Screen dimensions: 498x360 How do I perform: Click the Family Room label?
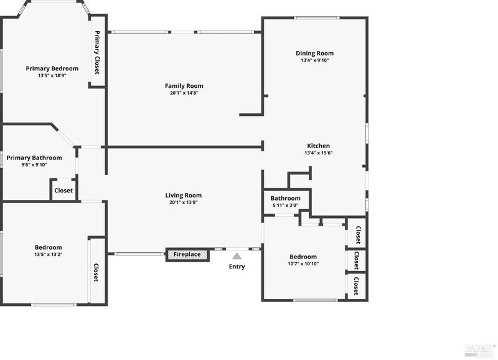coord(184,86)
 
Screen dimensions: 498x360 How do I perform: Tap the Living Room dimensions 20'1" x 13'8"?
coord(184,202)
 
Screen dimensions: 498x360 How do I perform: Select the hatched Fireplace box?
coord(187,255)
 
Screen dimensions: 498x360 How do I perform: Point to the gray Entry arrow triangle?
coord(237,256)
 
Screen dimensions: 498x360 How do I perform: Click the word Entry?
coord(237,267)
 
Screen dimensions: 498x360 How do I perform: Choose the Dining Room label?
coord(315,54)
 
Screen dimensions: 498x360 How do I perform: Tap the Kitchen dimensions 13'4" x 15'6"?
coord(319,153)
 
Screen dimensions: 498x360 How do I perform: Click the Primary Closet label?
coord(97,52)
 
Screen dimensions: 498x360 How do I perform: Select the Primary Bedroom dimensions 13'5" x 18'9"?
coord(52,75)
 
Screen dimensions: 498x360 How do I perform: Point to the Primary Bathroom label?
coord(34,158)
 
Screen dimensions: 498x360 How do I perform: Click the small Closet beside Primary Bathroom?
coord(63,191)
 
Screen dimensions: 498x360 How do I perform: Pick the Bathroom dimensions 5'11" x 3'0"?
coord(286,206)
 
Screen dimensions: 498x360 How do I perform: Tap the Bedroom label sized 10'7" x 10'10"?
coord(303,257)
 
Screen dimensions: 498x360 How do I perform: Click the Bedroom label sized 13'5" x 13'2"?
coord(49,247)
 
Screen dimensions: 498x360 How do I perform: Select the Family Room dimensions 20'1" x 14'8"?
coord(184,93)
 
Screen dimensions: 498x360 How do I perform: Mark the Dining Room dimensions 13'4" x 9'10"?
coord(315,60)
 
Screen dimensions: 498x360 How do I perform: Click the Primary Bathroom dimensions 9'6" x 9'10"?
coord(34,165)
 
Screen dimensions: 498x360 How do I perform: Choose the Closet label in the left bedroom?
coord(96,272)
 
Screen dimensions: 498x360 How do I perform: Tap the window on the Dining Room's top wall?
coord(316,18)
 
